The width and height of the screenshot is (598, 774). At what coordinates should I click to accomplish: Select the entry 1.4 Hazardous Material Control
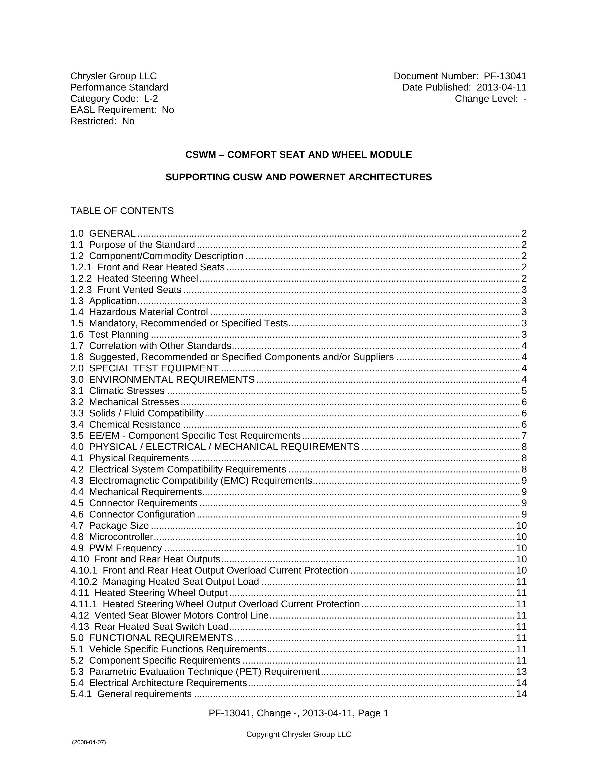click(x=148, y=312)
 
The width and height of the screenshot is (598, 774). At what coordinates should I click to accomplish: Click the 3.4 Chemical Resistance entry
click(x=135, y=425)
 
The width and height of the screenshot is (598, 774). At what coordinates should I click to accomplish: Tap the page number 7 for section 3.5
click(x=524, y=436)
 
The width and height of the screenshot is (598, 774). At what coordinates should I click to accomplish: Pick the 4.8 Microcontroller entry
click(x=121, y=537)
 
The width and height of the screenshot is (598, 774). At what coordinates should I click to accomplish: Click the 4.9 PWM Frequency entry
click(x=125, y=548)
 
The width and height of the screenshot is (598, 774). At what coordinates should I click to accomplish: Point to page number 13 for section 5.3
click(x=521, y=672)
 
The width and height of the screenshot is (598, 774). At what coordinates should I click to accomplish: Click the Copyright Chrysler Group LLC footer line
click(x=299, y=734)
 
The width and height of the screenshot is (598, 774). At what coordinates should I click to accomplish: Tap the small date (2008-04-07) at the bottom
click(x=89, y=742)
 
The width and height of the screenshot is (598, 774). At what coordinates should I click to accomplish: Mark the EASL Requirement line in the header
click(x=122, y=110)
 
